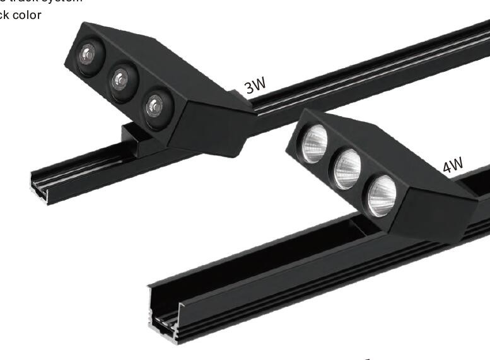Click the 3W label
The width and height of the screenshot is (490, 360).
256,85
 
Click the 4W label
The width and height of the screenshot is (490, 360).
452,165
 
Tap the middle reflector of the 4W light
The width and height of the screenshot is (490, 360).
347,168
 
